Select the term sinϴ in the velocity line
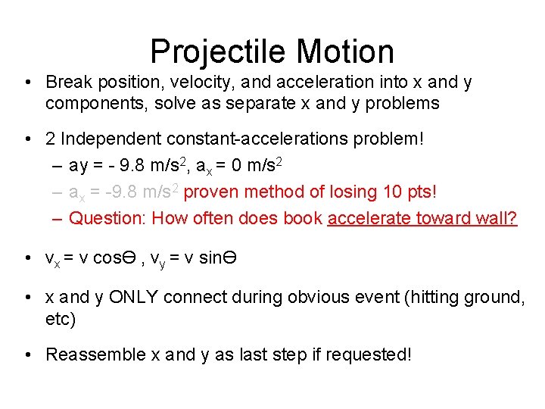click(219, 259)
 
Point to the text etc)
click(61, 319)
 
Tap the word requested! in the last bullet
click(370, 354)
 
